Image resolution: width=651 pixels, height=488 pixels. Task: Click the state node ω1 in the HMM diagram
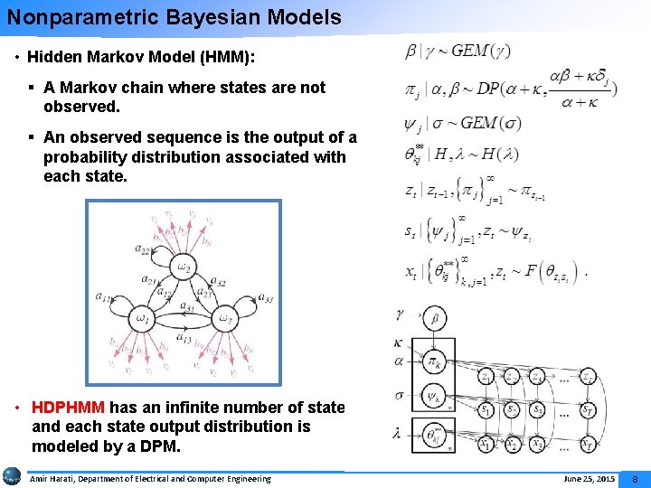click(141, 317)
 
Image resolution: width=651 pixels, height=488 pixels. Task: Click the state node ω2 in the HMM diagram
click(184, 266)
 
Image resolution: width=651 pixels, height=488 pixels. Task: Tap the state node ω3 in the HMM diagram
click(227, 317)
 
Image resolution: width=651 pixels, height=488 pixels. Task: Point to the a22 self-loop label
click(143, 250)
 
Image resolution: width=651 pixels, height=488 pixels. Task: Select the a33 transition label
click(266, 298)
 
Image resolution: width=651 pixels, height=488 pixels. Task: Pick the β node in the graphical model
click(435, 318)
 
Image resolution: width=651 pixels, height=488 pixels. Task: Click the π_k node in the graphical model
click(435, 364)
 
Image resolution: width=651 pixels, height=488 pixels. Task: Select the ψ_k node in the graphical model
click(435, 397)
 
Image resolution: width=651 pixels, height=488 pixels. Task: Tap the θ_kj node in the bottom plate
click(435, 437)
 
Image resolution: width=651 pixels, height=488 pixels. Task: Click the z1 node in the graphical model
click(486, 377)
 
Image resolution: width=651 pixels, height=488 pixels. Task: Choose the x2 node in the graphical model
click(513, 443)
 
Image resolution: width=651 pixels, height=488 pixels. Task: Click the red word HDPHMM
click(68, 408)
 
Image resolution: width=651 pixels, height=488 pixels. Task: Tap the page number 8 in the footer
click(635, 478)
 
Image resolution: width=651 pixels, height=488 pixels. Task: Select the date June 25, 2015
click(589, 478)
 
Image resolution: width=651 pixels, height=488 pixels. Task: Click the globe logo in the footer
click(13, 476)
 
